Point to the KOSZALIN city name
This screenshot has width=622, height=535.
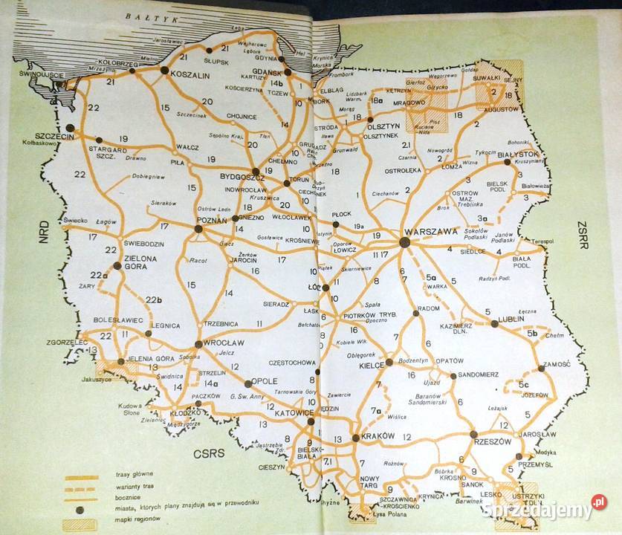(192, 75)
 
